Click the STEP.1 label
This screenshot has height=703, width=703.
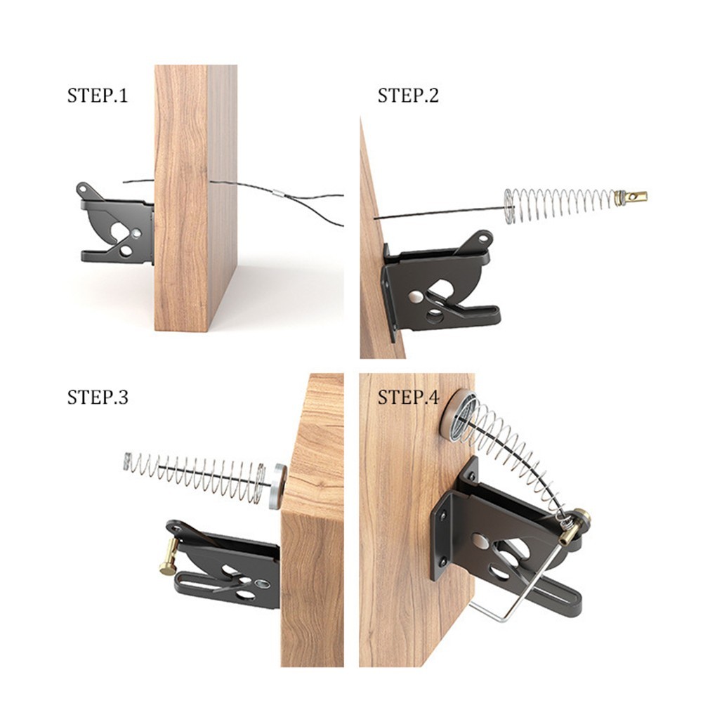[x=98, y=96]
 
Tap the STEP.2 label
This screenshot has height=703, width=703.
[x=408, y=96]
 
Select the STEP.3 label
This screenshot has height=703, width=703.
[x=98, y=398]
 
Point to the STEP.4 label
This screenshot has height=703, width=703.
[x=408, y=398]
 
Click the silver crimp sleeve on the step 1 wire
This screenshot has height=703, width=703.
[x=279, y=195]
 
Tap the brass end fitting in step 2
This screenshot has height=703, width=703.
[x=631, y=196]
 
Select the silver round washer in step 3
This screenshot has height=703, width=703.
[x=278, y=486]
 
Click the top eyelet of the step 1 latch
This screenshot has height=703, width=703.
[x=82, y=188]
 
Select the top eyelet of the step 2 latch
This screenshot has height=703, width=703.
[x=483, y=238]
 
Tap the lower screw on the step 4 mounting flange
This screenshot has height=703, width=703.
[x=442, y=561]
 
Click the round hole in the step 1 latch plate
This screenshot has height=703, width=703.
[x=136, y=233]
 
